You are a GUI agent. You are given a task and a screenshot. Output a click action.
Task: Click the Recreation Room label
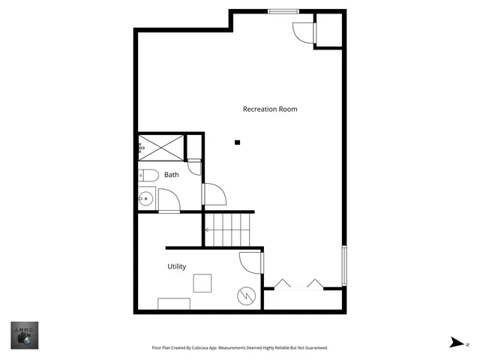point(270,109)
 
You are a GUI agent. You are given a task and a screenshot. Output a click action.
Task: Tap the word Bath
point(172,175)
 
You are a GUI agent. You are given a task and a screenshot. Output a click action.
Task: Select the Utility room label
point(177,266)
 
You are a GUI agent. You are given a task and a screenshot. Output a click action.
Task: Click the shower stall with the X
point(160,148)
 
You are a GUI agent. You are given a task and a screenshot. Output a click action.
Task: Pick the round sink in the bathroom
point(146,199)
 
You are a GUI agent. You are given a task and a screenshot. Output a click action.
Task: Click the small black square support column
point(237,142)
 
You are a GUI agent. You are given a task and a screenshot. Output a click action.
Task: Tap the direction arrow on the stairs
point(207,230)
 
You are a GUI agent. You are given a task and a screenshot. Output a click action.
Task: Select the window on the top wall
point(281,10)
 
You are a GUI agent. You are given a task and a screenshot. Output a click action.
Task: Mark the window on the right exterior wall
point(344,265)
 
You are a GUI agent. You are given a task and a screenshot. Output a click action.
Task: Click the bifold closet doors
point(298,283)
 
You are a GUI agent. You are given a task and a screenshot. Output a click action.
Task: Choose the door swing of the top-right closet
point(302,32)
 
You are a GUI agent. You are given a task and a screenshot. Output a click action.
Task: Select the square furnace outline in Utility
point(202,283)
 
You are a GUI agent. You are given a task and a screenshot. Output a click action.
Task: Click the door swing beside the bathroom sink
point(166,201)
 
